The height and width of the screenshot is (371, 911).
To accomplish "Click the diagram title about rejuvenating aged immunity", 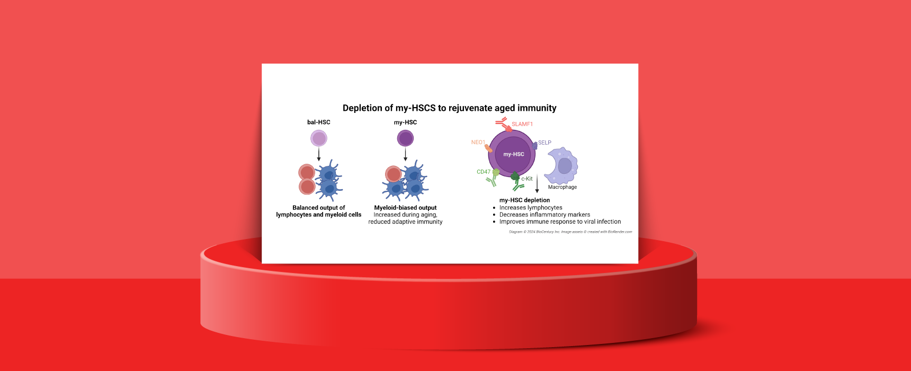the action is click(450, 108).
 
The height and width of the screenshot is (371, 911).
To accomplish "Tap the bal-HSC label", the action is click(319, 122).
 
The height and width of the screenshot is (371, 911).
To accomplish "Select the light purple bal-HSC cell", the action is click(319, 139).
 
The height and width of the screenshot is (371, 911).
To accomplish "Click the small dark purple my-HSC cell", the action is click(406, 139).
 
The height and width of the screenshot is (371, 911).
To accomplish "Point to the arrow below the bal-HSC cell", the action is click(319, 154).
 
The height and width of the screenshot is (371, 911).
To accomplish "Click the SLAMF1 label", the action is click(522, 124).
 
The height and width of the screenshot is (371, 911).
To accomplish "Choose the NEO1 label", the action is click(478, 143).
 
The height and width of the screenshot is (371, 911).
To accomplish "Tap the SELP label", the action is click(545, 143).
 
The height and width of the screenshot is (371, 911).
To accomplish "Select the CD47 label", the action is click(484, 172).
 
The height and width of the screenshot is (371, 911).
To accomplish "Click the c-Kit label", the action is click(527, 179).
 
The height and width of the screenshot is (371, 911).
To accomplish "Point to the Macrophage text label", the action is click(562, 187).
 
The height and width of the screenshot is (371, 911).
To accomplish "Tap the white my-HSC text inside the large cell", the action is click(514, 154).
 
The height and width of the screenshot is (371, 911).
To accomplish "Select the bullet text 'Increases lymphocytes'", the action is click(531, 208).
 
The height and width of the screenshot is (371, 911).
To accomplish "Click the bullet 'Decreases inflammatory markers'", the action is click(544, 215).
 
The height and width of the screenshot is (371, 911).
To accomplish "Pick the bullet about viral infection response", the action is click(560, 222).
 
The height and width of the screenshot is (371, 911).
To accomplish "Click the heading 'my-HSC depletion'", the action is click(524, 200).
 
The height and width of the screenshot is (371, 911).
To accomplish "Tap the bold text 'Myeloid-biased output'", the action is click(406, 208).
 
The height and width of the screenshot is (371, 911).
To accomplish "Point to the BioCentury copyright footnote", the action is click(570, 232).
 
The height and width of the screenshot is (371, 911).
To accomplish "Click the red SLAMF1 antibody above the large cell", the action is click(504, 125).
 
